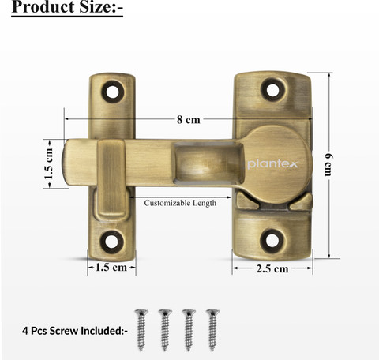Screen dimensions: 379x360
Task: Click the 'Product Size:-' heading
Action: [67, 6]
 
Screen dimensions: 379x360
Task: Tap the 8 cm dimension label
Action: [188, 120]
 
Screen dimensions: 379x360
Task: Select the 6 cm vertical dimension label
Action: [328, 164]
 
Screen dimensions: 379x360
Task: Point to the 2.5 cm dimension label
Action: [272, 268]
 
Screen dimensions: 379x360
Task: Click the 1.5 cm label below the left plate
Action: [111, 268]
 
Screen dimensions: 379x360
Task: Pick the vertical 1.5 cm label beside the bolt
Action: [49, 163]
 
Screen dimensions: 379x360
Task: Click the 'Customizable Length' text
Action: [180, 203]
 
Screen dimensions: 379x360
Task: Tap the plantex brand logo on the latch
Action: [272, 164]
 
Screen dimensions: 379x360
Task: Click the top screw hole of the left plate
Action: [112, 91]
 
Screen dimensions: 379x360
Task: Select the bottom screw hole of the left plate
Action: [112, 242]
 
